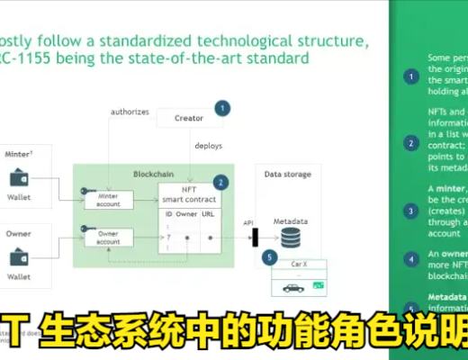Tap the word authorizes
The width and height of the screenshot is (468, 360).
point(130,112)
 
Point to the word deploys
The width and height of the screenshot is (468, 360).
point(209,145)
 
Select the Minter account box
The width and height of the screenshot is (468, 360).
point(109,200)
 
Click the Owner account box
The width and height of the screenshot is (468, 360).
point(109,237)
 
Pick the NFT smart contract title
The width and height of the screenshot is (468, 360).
point(189,194)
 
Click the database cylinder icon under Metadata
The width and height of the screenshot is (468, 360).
point(290,237)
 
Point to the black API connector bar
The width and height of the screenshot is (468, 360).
point(256,237)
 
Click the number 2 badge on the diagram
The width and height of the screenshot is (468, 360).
point(220,181)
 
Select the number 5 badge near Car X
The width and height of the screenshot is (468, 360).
point(268,257)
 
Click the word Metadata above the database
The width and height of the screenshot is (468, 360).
point(291,220)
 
